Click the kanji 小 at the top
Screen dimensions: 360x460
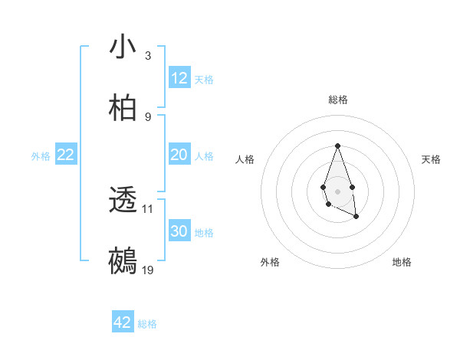(x=123, y=47)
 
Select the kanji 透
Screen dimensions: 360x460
(x=123, y=201)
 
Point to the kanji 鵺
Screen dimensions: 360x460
(x=123, y=260)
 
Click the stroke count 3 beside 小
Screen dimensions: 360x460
(x=148, y=56)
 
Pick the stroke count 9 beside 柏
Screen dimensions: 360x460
(x=148, y=116)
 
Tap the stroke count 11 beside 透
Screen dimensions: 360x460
(x=148, y=208)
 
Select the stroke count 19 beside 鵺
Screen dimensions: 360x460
(x=148, y=270)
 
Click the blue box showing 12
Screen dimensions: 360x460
(x=179, y=78)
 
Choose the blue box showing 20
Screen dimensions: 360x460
(x=179, y=155)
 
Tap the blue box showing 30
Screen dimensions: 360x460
(x=179, y=231)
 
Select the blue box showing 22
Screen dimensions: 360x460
(x=66, y=155)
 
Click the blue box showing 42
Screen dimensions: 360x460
(x=123, y=322)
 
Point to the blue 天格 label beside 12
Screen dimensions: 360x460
(x=204, y=80)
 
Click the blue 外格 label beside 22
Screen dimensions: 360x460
(x=41, y=156)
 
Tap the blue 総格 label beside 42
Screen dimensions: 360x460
(x=147, y=324)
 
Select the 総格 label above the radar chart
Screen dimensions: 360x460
(x=337, y=100)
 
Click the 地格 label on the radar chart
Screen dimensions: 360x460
(x=402, y=262)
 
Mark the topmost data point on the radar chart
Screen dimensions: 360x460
(x=337, y=145)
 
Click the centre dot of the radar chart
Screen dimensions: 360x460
(x=337, y=190)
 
